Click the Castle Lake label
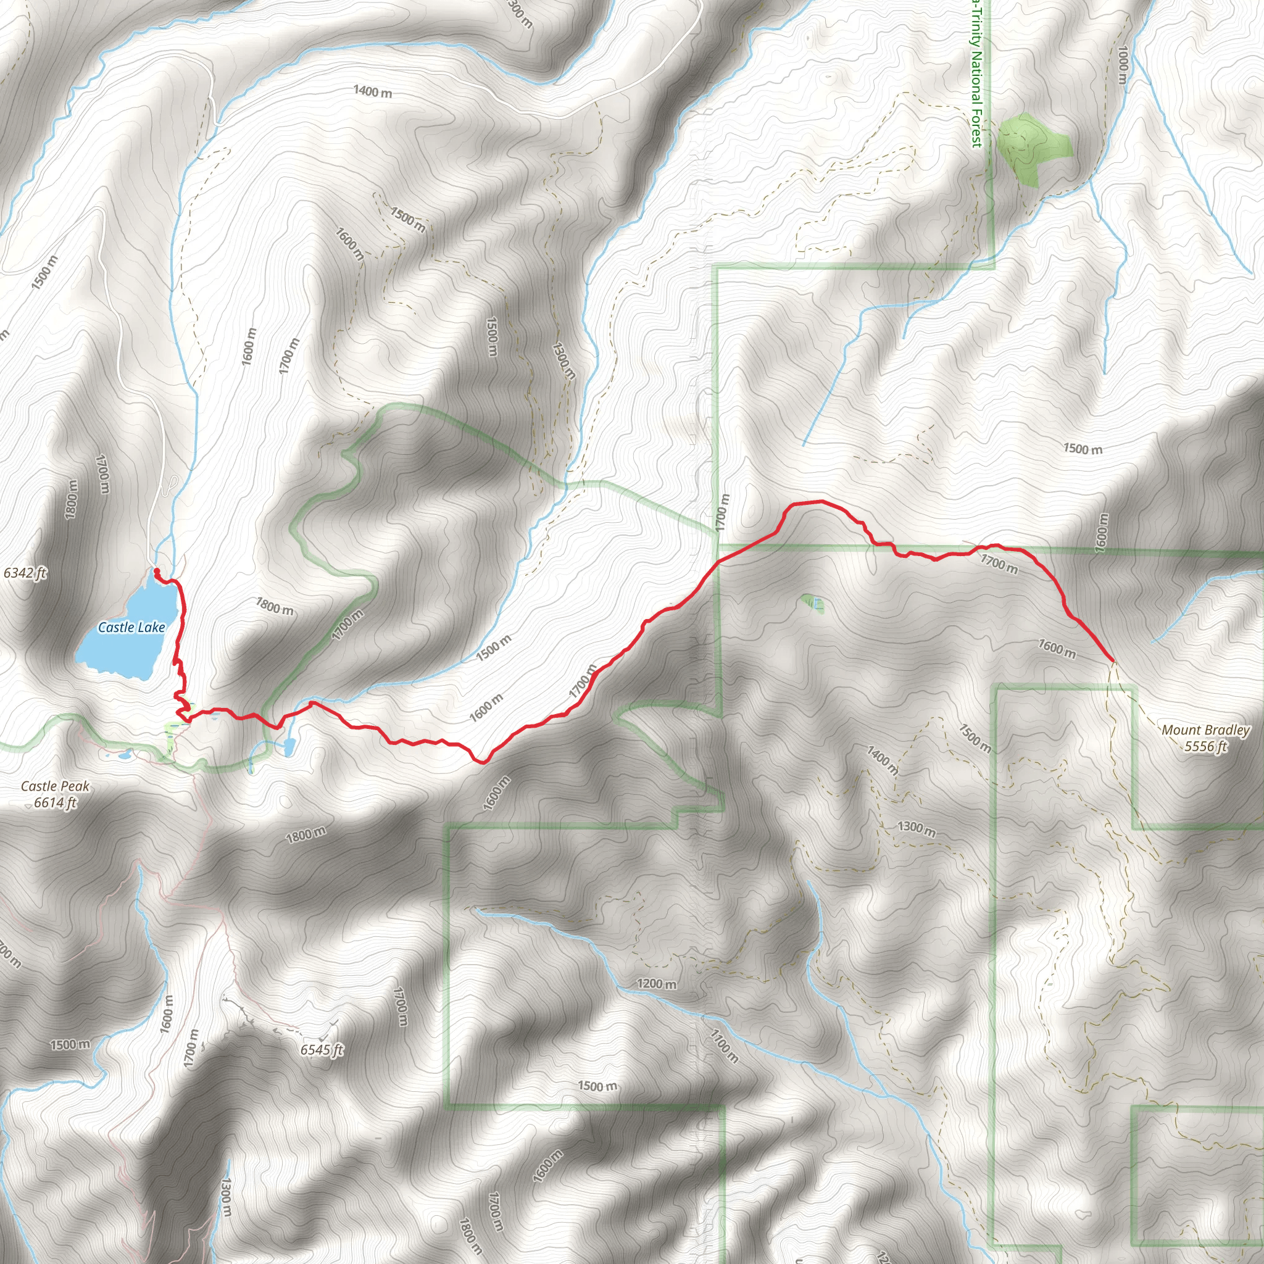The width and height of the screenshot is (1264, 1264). (x=131, y=628)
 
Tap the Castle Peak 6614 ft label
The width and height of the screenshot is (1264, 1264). (x=55, y=794)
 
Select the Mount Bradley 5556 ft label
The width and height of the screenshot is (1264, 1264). (x=1205, y=738)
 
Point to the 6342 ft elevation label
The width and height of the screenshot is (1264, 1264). (x=25, y=573)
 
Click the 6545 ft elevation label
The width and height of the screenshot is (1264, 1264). (x=321, y=1050)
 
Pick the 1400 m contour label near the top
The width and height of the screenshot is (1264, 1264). (x=372, y=91)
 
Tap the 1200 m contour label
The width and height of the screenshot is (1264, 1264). (x=657, y=984)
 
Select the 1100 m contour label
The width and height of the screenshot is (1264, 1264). (x=724, y=1045)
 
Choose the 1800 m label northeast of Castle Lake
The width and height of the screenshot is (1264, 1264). (x=275, y=607)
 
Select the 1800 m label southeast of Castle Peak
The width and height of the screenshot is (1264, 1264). (x=306, y=835)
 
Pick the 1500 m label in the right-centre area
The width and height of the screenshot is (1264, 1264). (x=1082, y=449)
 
